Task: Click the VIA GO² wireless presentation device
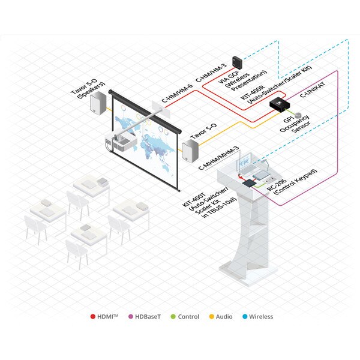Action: (x=237, y=62)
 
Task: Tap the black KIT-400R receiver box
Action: (x=280, y=104)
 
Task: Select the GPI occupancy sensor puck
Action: (x=298, y=115)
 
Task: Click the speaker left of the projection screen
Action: (x=98, y=103)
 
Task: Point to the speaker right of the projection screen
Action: (x=190, y=151)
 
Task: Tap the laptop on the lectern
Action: (x=247, y=166)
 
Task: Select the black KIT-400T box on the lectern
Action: (x=249, y=184)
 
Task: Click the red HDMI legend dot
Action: (x=93, y=317)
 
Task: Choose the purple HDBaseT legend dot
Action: (x=130, y=317)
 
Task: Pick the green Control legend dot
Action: (x=173, y=317)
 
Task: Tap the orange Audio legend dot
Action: (x=211, y=317)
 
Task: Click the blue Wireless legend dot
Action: (x=245, y=317)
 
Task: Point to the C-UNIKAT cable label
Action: (x=313, y=89)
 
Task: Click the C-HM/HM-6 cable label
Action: (x=177, y=94)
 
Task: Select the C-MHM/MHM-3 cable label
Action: (x=218, y=158)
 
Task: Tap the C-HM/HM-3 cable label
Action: (x=211, y=73)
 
